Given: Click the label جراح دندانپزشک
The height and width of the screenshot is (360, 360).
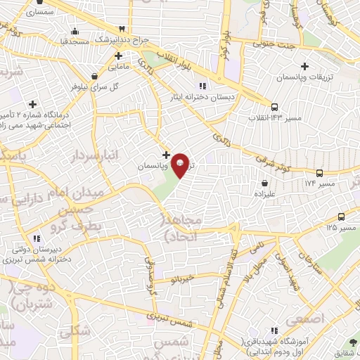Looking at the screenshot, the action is point(143,39).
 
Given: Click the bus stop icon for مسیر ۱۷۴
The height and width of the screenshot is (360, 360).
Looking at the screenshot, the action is point(320,173).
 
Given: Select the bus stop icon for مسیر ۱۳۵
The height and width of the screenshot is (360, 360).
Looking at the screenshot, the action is point(342,217).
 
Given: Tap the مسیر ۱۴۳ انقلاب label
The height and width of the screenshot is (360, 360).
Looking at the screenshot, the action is point(275,117).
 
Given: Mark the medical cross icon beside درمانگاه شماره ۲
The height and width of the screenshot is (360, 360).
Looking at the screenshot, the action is point(32,104).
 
